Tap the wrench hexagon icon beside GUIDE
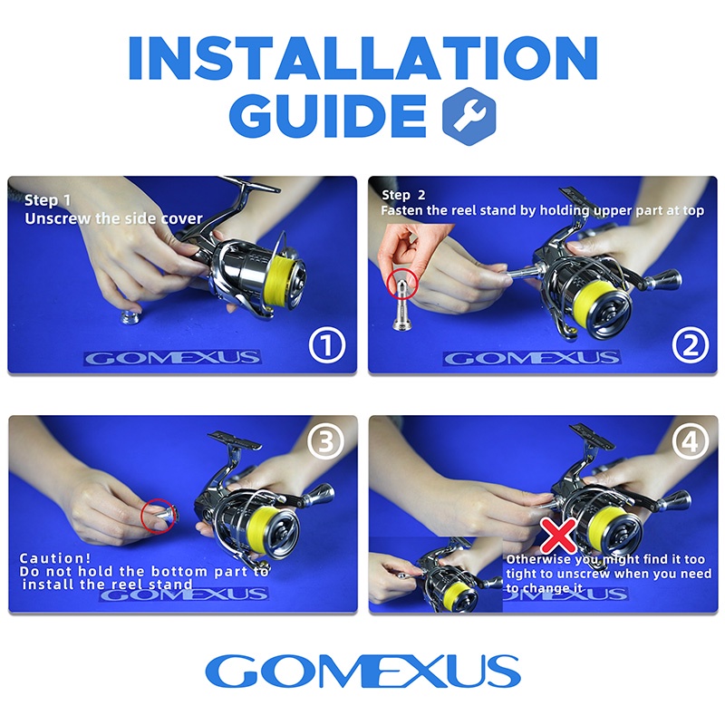(x=468, y=116)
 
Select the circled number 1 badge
(x=328, y=345)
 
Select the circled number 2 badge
(x=689, y=345)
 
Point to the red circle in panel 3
(x=159, y=515)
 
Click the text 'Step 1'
(x=43, y=200)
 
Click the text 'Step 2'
(x=403, y=195)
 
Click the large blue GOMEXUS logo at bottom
(x=362, y=672)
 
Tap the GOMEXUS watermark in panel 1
(x=172, y=358)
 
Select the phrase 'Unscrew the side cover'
(x=113, y=218)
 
